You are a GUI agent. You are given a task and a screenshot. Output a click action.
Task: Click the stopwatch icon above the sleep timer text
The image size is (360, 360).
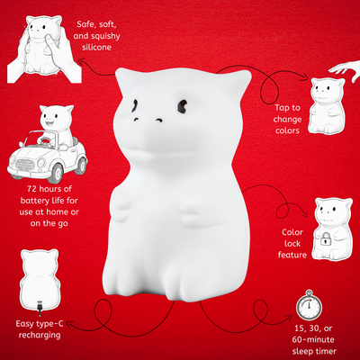309,305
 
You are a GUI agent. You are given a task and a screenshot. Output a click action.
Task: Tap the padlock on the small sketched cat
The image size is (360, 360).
324,239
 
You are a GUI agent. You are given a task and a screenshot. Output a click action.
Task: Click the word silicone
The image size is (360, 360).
96,48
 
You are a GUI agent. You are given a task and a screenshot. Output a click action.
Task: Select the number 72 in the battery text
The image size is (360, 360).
32,189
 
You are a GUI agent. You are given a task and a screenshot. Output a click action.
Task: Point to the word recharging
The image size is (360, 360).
40,336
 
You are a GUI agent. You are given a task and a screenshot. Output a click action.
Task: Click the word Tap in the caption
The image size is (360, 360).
283,108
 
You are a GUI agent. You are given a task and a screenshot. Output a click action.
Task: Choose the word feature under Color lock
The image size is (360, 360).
292,255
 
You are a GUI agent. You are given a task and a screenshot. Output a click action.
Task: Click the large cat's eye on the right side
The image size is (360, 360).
183,106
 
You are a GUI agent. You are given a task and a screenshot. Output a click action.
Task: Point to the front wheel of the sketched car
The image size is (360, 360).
57,174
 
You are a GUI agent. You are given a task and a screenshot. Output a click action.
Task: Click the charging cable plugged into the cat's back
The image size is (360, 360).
40,309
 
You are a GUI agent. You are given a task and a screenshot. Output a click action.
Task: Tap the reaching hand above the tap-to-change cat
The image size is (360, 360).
345,67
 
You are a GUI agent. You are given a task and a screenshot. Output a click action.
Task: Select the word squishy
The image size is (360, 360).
105,36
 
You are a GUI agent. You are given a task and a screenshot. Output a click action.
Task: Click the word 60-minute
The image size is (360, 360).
313,340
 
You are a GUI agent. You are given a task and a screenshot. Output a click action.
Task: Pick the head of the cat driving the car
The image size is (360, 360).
58,116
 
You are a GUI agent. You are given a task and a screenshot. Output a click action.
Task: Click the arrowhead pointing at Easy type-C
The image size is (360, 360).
70,325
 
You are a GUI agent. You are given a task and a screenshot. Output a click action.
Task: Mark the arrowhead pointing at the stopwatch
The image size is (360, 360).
289,317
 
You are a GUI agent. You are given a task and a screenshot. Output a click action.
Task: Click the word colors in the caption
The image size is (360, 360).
287,130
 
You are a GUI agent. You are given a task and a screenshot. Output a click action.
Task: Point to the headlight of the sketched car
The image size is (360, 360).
40,163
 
